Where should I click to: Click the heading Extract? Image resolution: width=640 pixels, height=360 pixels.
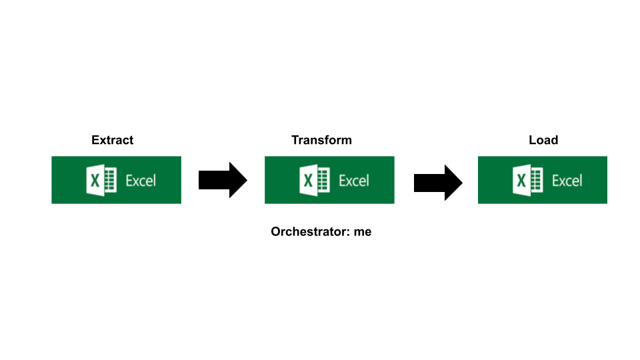[x=112, y=140]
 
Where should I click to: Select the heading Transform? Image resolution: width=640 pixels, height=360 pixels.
[x=321, y=140]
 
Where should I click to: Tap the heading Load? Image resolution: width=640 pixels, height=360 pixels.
[x=543, y=140]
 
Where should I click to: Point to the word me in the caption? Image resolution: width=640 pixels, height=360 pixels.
[x=363, y=232]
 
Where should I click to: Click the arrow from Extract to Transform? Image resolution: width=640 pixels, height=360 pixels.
[x=223, y=180]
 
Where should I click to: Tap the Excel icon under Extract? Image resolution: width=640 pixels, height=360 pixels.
[x=101, y=181]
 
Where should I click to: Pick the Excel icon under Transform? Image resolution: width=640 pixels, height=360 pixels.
[x=315, y=181]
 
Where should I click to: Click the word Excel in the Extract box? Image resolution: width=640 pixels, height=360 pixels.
[x=141, y=181]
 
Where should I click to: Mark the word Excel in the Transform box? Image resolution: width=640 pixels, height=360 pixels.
[x=354, y=181]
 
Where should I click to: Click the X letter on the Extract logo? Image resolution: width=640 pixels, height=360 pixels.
[x=95, y=181]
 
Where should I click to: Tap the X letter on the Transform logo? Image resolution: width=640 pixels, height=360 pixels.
[x=308, y=181]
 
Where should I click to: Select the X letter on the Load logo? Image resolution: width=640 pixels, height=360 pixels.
[x=521, y=181]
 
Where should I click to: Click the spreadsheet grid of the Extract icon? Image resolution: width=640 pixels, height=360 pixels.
[x=110, y=181]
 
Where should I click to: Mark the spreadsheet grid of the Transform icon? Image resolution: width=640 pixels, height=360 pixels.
[x=323, y=181]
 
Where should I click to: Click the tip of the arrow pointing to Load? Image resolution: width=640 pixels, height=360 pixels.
[x=461, y=182]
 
